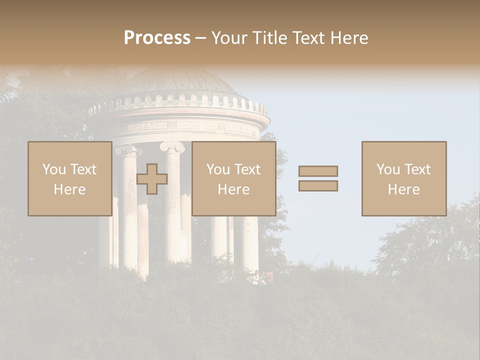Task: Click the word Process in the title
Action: click(x=157, y=38)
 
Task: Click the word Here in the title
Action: click(x=348, y=38)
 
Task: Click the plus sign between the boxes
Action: click(x=152, y=179)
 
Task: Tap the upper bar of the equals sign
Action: click(x=318, y=171)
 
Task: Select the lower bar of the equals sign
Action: click(x=318, y=186)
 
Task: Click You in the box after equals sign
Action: click(x=388, y=169)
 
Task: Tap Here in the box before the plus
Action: click(x=69, y=189)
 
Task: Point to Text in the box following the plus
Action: click(x=248, y=169)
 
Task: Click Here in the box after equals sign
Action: click(x=404, y=189)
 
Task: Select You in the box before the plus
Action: click(x=54, y=169)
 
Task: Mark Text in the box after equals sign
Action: click(x=418, y=169)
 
